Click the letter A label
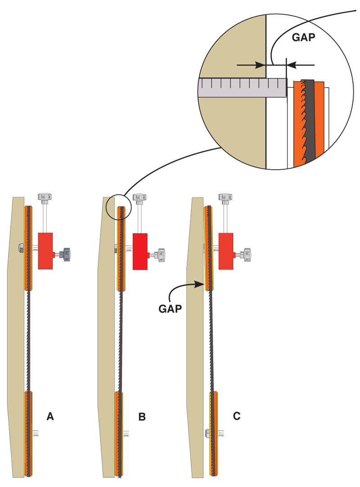[x=50, y=416]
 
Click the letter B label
[x=142, y=417]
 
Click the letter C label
[x=237, y=416]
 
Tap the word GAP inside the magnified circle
[x=304, y=38]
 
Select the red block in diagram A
[x=45, y=251]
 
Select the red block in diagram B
[x=140, y=251]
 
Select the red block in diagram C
[x=226, y=251]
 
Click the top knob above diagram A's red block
[x=45, y=197]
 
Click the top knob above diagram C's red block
[x=226, y=197]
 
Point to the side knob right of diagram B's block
[x=160, y=254]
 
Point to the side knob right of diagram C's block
[x=246, y=254]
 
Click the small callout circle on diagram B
[x=118, y=206]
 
